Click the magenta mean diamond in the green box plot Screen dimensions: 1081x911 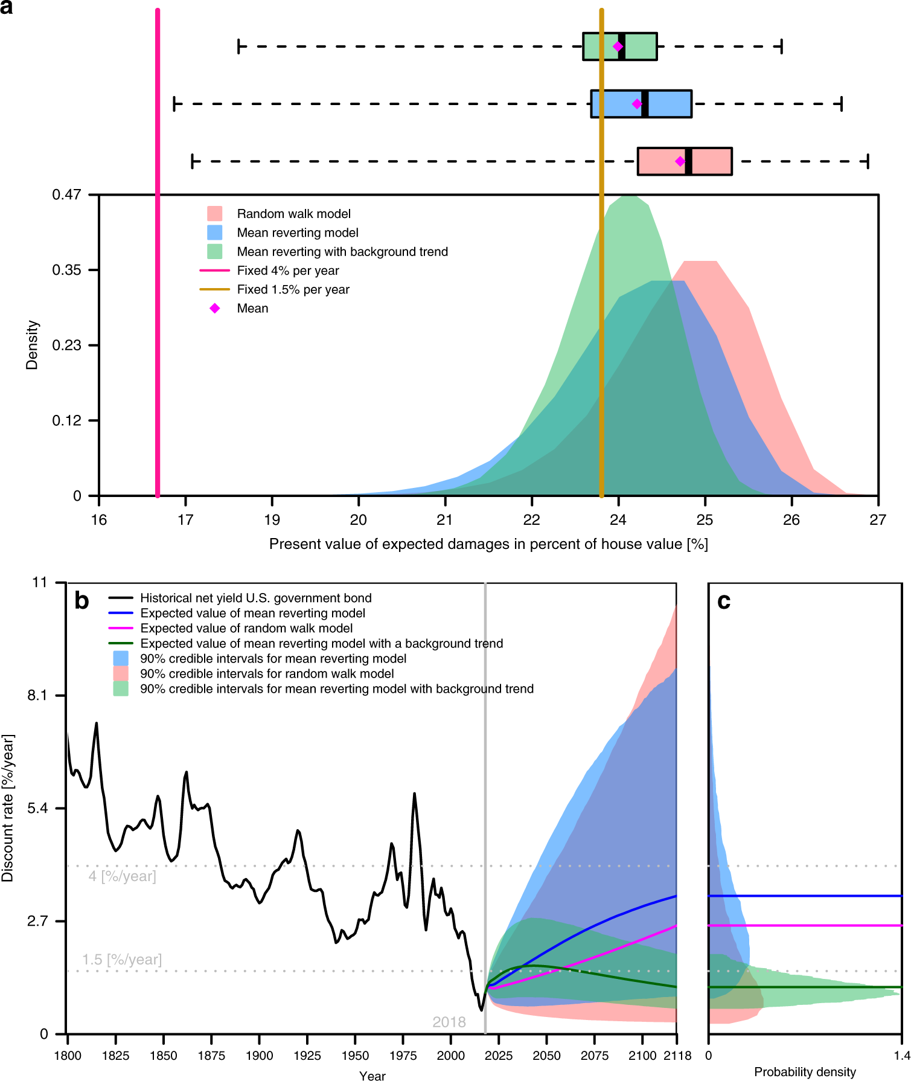618,47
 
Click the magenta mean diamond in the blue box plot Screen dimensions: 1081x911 637,104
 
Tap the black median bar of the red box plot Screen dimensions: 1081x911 689,161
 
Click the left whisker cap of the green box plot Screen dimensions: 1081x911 239,47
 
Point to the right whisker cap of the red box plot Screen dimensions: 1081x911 868,161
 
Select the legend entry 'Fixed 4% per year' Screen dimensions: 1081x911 287,271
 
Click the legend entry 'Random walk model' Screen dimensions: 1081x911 293,214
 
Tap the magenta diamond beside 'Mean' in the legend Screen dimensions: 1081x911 215,309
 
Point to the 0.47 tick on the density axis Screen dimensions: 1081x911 66,194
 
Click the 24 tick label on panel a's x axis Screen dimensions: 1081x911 618,520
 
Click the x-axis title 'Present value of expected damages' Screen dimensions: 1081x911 488,544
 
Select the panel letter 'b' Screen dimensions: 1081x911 82,601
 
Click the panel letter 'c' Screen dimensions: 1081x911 724,601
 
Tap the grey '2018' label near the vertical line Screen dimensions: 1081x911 449,1022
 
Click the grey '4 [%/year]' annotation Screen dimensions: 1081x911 123,876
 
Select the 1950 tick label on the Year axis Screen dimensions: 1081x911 355,1056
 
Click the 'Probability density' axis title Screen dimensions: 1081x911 805,1072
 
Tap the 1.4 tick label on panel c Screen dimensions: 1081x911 902,1056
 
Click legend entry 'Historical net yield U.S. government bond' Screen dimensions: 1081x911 255,598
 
